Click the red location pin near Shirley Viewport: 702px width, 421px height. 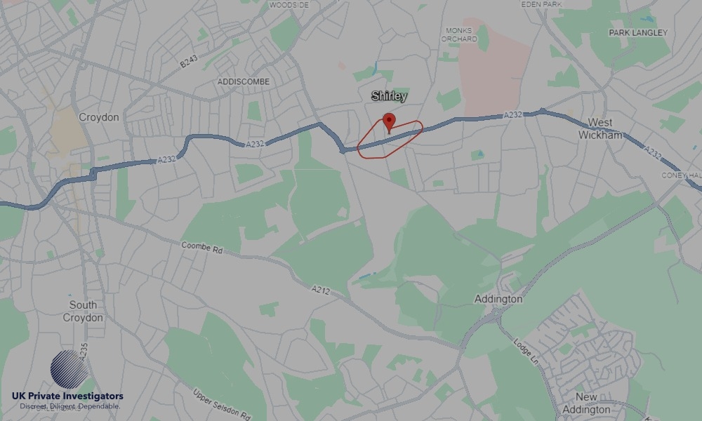(x=389, y=121)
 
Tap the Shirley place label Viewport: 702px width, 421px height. (x=389, y=96)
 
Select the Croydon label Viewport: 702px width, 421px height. (x=99, y=117)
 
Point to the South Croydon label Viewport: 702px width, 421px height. (x=83, y=312)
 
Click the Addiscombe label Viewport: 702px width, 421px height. (x=244, y=81)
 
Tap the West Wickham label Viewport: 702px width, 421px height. (x=600, y=129)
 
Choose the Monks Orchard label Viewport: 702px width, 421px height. (x=459, y=35)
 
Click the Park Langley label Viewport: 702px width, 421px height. (x=638, y=33)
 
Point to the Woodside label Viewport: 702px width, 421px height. (x=289, y=5)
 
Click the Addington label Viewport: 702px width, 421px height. (x=498, y=299)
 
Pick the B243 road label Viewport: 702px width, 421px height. (x=190, y=62)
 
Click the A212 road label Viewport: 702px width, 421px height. (x=321, y=288)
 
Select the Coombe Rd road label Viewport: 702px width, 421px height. (x=201, y=248)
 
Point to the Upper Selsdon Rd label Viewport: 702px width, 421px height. (x=222, y=405)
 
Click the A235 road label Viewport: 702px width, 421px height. (x=84, y=351)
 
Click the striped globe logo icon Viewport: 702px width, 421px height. (x=69, y=370)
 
